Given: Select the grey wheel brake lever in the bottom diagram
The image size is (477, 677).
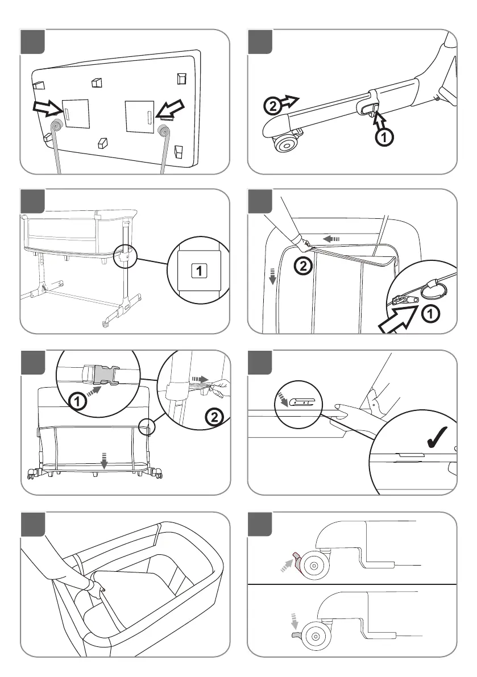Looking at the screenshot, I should pyautogui.click(x=295, y=633).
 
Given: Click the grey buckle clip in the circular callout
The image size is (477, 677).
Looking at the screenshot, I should pyautogui.click(x=103, y=375).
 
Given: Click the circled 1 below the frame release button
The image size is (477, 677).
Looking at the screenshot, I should pyautogui.click(x=385, y=136).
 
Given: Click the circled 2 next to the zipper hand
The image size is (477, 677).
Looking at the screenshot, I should pyautogui.click(x=304, y=264).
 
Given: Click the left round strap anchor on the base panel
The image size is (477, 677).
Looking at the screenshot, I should pyautogui.click(x=56, y=128).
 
